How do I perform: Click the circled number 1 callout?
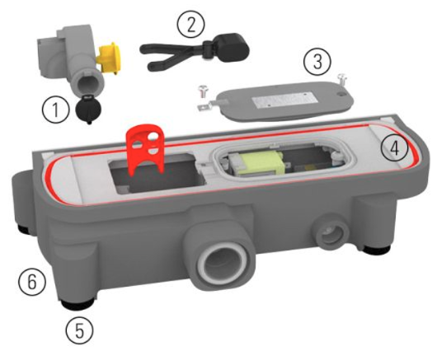pyautogui.click(x=55, y=110)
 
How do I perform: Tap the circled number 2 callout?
pyautogui.click(x=191, y=25)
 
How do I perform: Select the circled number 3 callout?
pyautogui.click(x=317, y=62)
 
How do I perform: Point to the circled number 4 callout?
pyautogui.click(x=394, y=148)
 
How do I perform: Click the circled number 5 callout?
pyautogui.click(x=79, y=330)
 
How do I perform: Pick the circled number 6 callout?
pyautogui.click(x=32, y=282)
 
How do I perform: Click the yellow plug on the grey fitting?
pyautogui.click(x=109, y=58)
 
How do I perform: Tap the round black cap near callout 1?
pyautogui.click(x=88, y=110)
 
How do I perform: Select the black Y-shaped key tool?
pyautogui.click(x=195, y=51)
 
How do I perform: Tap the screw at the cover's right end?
pyautogui.click(x=342, y=79)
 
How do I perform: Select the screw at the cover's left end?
pyautogui.click(x=201, y=91)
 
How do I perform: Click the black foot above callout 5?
pyautogui.click(x=78, y=304)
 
